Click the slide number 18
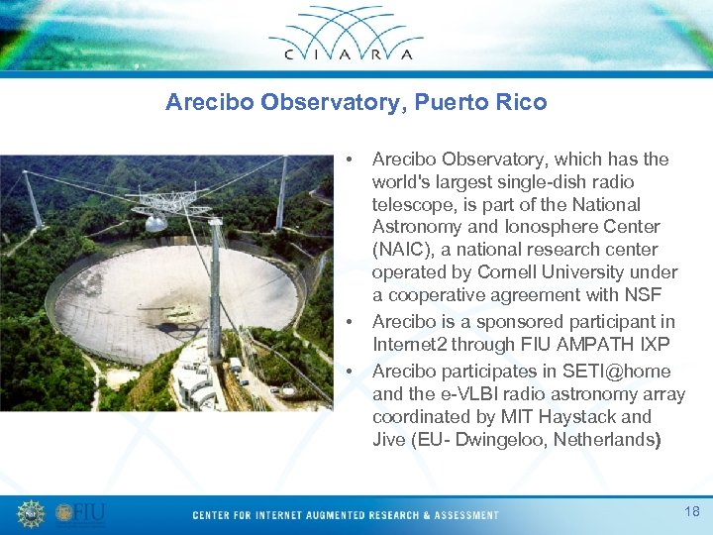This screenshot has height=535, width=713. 691,511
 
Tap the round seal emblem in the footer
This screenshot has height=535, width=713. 31,513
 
